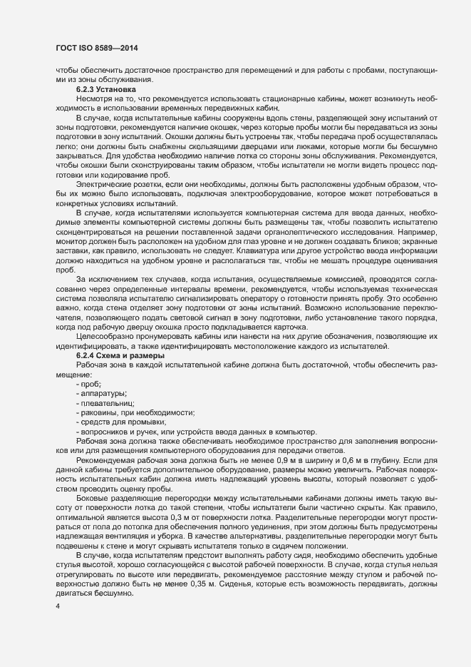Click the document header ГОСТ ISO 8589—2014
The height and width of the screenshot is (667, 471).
[x=96, y=48]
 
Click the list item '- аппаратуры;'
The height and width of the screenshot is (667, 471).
[x=101, y=393]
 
